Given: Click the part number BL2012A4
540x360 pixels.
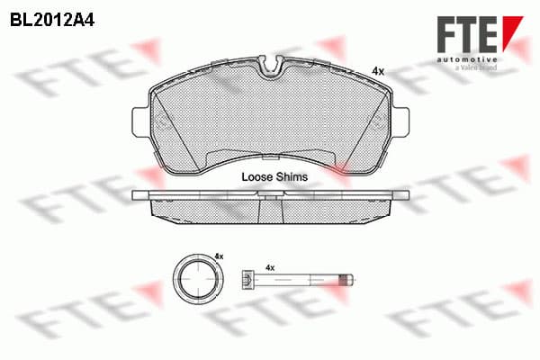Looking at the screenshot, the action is pos(52,21).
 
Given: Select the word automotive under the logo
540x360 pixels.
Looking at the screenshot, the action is pos(467,59).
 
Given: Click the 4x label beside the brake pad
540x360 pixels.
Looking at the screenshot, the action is pos(378,72).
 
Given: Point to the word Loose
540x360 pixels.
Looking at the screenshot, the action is pos(256,177).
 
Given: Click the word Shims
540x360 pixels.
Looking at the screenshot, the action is pos(291,177).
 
